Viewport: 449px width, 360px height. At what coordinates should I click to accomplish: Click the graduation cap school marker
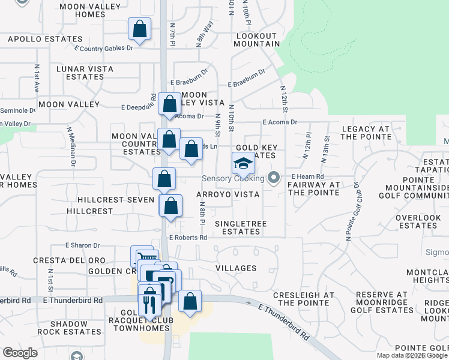(243, 163)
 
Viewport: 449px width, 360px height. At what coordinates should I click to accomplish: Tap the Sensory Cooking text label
(233, 179)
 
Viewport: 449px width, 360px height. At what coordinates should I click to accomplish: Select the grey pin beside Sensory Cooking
(274, 178)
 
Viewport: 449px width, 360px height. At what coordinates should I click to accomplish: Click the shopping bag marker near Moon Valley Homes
(139, 29)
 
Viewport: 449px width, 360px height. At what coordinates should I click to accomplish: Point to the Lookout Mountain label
(257, 40)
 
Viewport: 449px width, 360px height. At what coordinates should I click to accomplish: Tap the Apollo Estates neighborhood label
(36, 40)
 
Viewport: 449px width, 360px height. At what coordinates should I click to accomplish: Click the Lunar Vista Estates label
(85, 73)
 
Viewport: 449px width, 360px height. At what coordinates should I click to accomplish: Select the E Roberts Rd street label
(188, 238)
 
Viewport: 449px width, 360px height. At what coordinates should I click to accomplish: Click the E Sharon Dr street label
(83, 245)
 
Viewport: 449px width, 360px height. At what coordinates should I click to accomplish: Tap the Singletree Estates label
(241, 227)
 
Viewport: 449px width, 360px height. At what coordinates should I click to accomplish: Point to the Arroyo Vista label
(228, 195)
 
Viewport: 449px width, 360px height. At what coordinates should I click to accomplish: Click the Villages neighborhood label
(236, 268)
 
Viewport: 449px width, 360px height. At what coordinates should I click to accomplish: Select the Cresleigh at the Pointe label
(304, 299)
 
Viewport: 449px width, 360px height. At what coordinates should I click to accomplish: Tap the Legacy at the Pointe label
(366, 133)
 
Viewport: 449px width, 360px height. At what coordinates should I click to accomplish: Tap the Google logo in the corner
(20, 353)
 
